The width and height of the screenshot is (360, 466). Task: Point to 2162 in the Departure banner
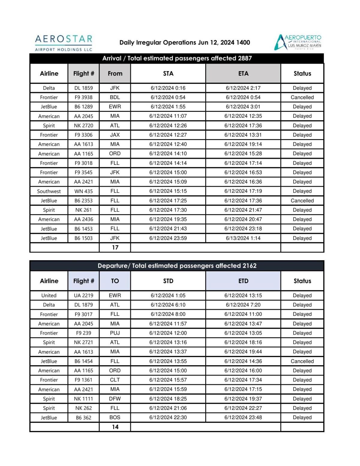pyautogui.click(x=249, y=266)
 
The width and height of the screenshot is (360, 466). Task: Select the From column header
pyautogui.click(x=115, y=73)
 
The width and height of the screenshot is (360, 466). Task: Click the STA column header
pyautogui.click(x=168, y=73)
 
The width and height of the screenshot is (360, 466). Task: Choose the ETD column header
pyautogui.click(x=243, y=281)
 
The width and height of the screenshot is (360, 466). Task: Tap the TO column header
pyautogui.click(x=115, y=281)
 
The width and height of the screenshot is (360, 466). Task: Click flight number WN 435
pyautogui.click(x=83, y=191)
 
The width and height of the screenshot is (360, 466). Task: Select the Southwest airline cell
pyautogui.click(x=49, y=191)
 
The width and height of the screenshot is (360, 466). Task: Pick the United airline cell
pyautogui.click(x=49, y=295)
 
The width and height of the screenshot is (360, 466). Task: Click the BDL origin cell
pyautogui.click(x=115, y=97)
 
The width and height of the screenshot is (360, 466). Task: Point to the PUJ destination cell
pyautogui.click(x=115, y=333)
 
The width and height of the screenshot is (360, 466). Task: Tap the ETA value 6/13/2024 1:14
pyautogui.click(x=243, y=238)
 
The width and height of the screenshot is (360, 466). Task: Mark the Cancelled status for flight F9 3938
pyautogui.click(x=302, y=97)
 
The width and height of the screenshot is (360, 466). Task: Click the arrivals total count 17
pyautogui.click(x=115, y=247)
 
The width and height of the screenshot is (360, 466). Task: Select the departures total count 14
pyautogui.click(x=115, y=427)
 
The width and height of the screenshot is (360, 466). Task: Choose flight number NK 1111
pyautogui.click(x=83, y=399)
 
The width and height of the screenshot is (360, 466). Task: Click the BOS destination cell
pyautogui.click(x=115, y=417)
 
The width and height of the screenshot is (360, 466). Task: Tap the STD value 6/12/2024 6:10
pyautogui.click(x=168, y=305)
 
